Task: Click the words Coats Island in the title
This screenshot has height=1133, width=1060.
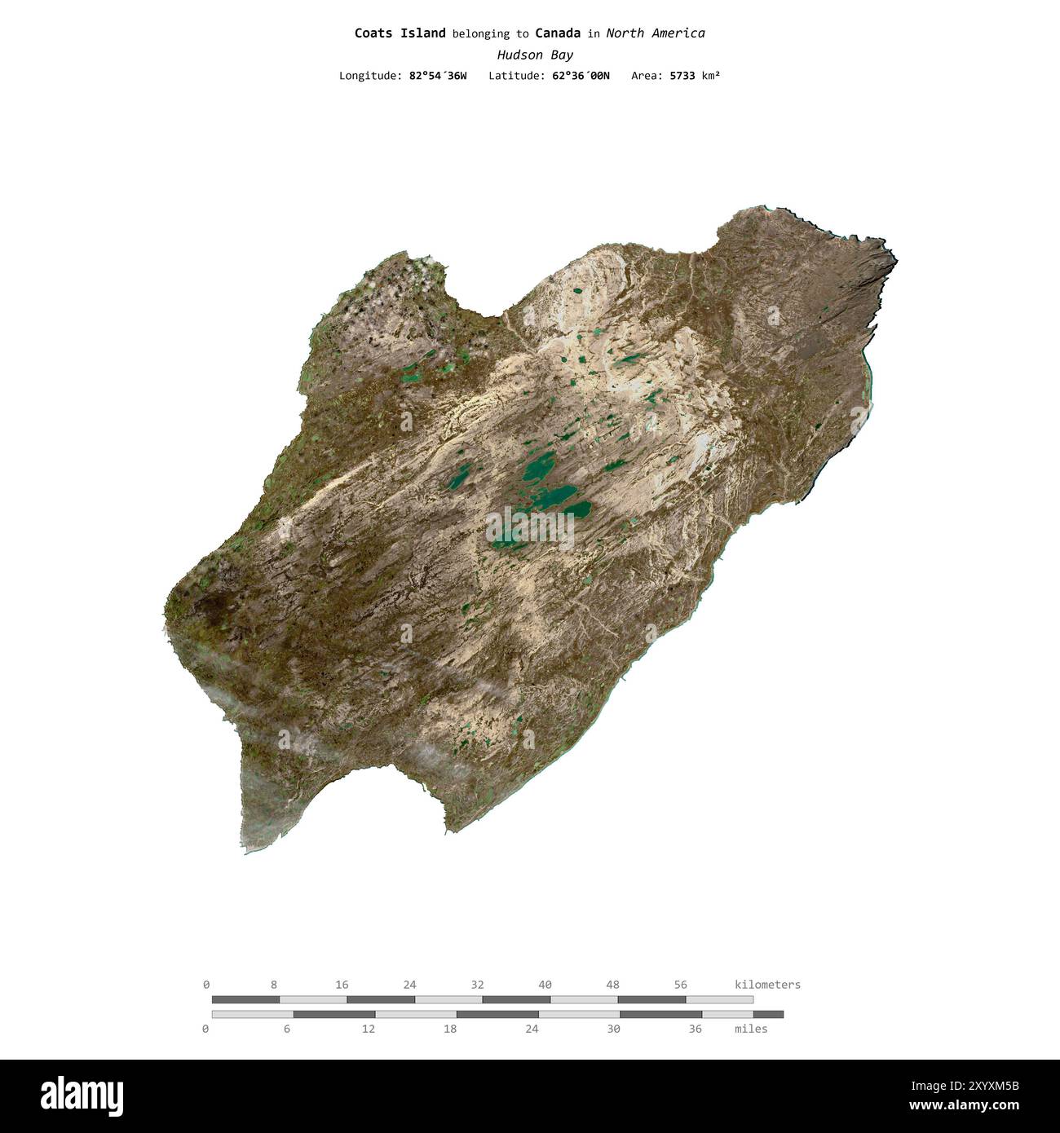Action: [x=400, y=33]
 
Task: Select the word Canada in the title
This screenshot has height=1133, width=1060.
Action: [x=558, y=33]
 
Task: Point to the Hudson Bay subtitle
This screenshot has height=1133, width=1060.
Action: [x=535, y=55]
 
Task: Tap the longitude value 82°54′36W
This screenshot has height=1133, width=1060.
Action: [x=438, y=76]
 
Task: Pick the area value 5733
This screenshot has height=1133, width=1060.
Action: [x=682, y=76]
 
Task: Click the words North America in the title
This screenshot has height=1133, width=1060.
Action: [x=655, y=33]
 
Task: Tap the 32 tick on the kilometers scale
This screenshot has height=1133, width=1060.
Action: [x=477, y=985]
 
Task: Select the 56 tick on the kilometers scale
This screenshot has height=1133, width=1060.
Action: [x=681, y=985]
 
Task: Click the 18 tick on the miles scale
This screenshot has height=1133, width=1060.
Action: [x=450, y=1029]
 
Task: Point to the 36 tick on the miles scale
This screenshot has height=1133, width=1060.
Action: [x=695, y=1029]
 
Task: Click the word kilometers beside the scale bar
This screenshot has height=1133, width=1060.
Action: [x=767, y=985]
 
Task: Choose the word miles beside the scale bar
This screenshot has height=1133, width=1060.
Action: [x=750, y=1029]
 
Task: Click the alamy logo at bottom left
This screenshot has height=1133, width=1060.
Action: [x=82, y=1096]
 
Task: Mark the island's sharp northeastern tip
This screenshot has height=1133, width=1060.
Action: [x=895, y=261]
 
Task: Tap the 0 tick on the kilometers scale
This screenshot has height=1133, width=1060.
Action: [x=206, y=985]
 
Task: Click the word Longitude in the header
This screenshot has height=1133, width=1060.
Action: [x=369, y=76]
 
